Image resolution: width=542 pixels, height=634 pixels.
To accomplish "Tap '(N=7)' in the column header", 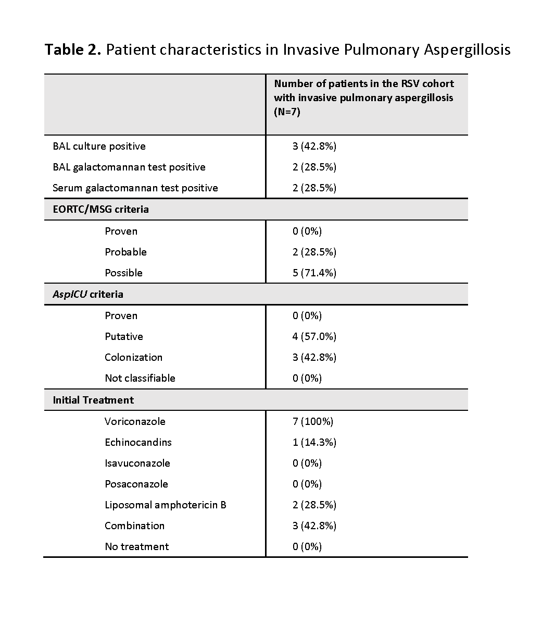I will pos(287,112).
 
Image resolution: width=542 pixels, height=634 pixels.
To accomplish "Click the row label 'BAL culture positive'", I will pos(99,147).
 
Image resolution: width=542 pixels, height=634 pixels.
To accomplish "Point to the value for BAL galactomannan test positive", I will pos(314,167).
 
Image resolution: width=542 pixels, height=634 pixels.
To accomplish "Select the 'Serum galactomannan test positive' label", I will pos(135,188).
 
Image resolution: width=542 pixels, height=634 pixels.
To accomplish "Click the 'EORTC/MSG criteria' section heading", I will pos(100,210).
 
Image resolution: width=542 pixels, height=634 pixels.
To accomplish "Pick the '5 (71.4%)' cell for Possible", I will pos(314,273).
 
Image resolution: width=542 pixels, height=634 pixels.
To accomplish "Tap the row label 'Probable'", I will pos(125,252).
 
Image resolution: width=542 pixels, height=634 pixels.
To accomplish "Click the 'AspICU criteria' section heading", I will pos(88,295).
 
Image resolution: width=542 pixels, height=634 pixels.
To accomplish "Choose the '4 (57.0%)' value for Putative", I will pos(314,337).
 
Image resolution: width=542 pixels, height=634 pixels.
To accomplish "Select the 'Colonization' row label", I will pos(133,358).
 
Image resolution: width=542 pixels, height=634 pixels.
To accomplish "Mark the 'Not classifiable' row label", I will pos(140,379).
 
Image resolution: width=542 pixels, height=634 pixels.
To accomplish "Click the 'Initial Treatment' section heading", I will pos(93,400).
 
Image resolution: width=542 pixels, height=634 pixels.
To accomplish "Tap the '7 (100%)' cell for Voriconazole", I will pos(312,422).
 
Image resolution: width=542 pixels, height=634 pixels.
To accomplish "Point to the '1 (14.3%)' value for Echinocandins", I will pos(314,443).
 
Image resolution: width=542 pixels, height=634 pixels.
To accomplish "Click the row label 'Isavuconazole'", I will pos(137,464).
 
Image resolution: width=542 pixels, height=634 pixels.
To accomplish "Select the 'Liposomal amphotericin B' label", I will pos(165,505).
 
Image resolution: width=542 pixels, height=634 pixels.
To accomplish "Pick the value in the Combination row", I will pos(314,526).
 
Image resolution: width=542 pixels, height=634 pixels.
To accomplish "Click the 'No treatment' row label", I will pos(136,547).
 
